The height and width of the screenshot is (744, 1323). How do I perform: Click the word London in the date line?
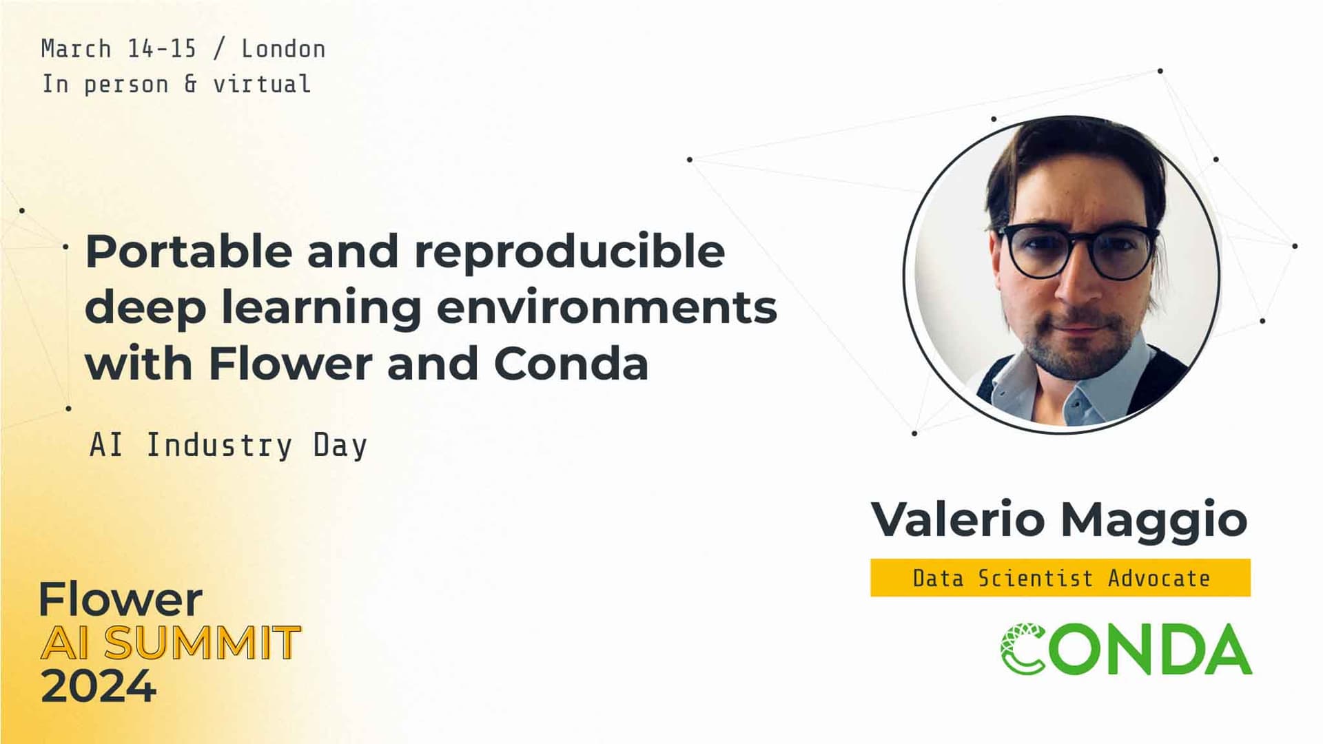pos(283,49)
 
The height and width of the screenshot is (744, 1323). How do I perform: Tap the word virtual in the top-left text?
pos(261,84)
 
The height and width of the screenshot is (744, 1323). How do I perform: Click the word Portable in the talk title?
pos(187,252)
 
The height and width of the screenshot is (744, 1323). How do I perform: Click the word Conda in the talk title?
pos(571,364)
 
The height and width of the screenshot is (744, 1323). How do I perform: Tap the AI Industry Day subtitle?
pos(228,445)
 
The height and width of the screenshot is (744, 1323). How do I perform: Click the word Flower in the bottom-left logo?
pos(121,600)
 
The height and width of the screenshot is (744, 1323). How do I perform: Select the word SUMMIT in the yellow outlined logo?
pos(203,643)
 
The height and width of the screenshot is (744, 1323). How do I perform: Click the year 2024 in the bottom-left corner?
pos(99,686)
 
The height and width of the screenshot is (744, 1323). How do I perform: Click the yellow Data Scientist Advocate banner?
pos(1060,577)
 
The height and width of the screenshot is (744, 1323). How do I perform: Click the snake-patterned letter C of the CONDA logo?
pos(1023,648)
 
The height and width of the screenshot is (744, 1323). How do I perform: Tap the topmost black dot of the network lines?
pos(1160,71)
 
